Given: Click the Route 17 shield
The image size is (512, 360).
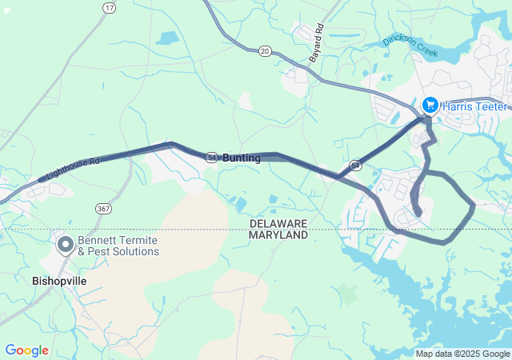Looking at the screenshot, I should click(x=109, y=7).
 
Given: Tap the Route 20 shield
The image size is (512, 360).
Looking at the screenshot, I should click(x=265, y=51).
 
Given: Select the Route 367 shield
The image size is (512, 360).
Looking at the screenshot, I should click(x=103, y=208).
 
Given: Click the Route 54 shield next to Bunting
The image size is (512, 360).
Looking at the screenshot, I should click(x=211, y=158).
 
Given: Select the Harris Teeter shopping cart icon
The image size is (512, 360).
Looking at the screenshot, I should click(x=430, y=106).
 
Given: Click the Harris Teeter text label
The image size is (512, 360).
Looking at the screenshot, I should click(x=476, y=106).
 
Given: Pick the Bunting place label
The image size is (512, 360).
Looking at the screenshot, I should click(x=242, y=158).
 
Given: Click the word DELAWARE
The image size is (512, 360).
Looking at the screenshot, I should click(x=278, y=223).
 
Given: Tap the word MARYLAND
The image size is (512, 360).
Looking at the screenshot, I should click(x=278, y=235).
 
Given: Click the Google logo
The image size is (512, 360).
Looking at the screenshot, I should click(x=26, y=350).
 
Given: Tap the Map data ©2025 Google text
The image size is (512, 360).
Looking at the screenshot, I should click(x=462, y=354).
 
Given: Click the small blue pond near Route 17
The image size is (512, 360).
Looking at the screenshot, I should click(x=169, y=38).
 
